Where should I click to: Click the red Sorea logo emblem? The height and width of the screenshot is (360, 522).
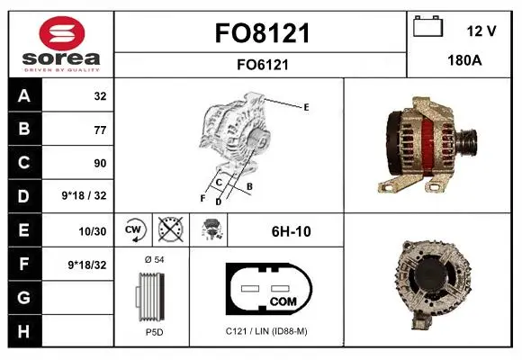click(62, 33)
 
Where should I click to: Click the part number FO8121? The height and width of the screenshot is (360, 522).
click(262, 33)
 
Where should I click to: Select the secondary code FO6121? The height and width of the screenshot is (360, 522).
click(262, 65)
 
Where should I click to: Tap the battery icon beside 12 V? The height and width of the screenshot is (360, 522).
click(427, 27)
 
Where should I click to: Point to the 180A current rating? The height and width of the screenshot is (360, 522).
click(464, 60)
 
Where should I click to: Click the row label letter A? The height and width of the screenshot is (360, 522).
click(24, 96)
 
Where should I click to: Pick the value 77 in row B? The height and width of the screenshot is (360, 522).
click(100, 130)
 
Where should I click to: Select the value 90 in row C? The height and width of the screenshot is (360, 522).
click(100, 163)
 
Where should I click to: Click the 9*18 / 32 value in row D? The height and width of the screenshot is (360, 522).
click(84, 195)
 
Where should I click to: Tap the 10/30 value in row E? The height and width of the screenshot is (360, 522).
click(93, 231)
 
